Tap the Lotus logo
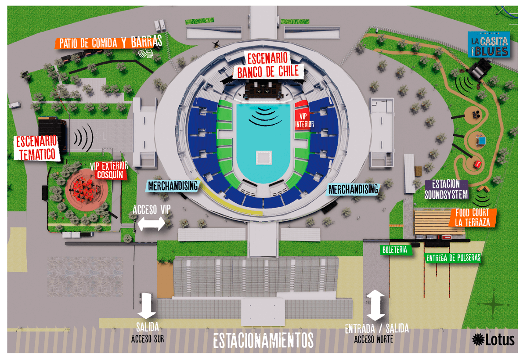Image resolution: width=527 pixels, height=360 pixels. click(x=493, y=339)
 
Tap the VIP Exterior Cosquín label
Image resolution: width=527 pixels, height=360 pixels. click(x=109, y=170)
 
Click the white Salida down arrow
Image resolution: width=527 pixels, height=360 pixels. click(x=147, y=305)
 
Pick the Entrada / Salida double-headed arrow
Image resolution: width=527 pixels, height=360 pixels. click(x=376, y=305)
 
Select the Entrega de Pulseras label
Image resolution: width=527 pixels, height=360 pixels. click(x=453, y=258)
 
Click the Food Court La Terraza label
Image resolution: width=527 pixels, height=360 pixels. click(x=473, y=217)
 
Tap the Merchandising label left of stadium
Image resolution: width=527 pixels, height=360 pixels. click(x=173, y=185)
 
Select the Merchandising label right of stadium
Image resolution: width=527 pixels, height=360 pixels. click(x=353, y=189)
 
